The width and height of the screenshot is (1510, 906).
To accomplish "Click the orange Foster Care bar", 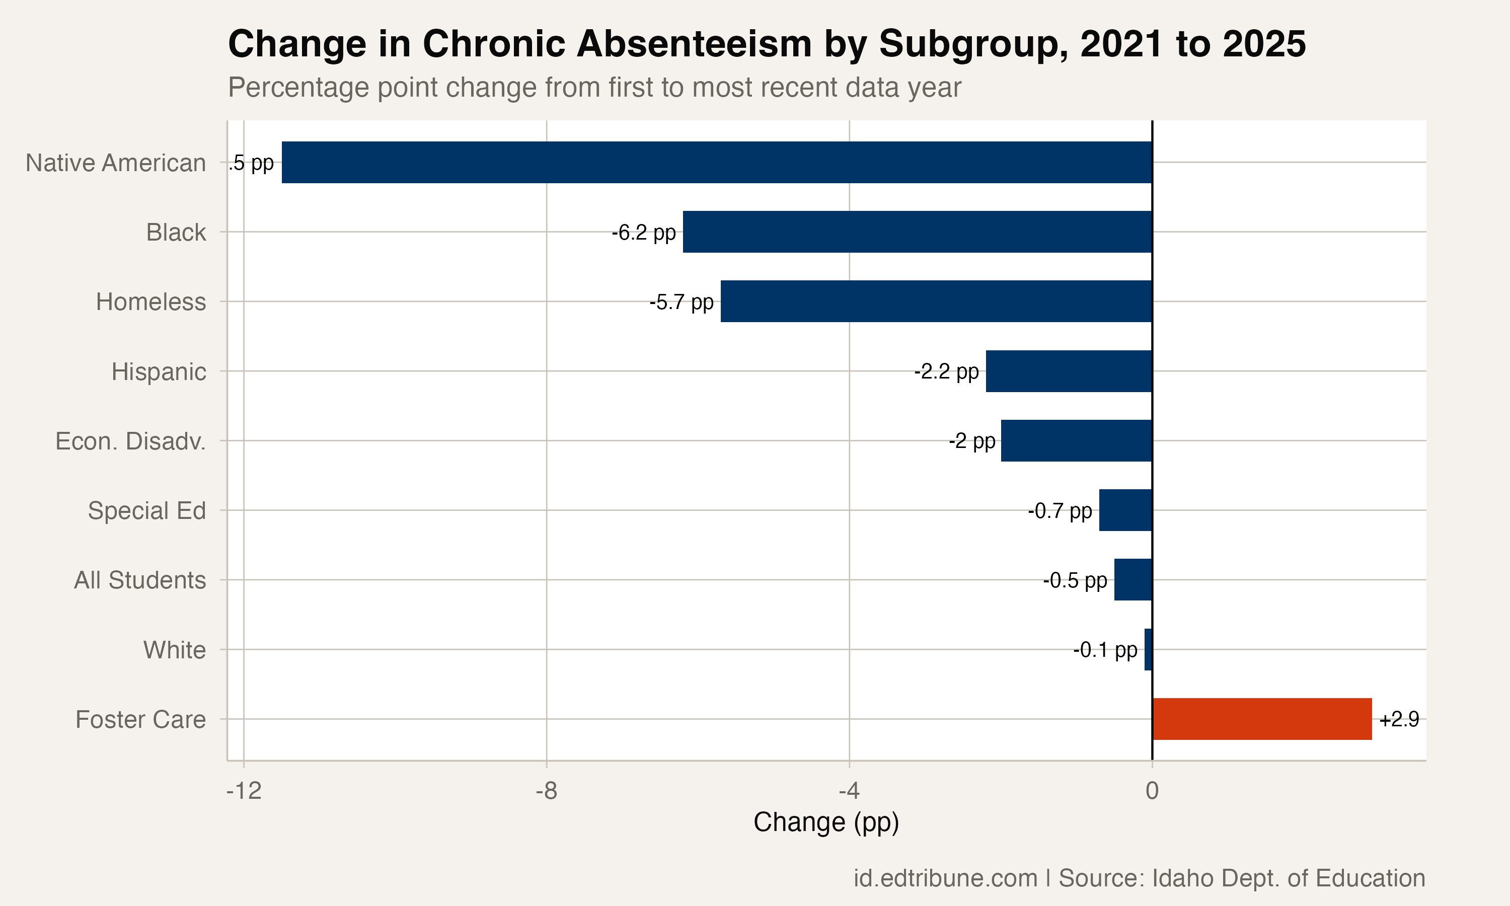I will tap(1261, 719).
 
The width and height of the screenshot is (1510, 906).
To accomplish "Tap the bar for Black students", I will tap(917, 232).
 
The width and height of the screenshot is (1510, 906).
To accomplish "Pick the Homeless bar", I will tap(936, 301).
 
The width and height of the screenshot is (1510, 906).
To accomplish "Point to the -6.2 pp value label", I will tap(643, 233).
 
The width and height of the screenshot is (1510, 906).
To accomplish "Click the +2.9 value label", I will tap(1399, 720).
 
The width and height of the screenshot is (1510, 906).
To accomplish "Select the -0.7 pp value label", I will tap(1060, 511).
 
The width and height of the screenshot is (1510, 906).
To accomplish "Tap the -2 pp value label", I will tap(971, 441).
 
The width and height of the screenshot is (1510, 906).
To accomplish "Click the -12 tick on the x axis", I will tap(244, 791).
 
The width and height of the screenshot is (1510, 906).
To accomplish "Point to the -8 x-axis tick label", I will tap(546, 791).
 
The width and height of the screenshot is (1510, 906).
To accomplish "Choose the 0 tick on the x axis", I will tap(1152, 791).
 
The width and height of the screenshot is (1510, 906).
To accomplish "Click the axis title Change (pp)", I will tap(826, 822).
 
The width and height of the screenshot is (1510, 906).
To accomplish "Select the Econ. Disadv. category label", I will tap(130, 441).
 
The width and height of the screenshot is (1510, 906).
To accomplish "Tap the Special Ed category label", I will tap(146, 510).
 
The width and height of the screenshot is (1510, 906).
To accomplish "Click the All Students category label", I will tap(140, 580).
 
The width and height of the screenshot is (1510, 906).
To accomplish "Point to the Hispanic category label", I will tap(159, 371).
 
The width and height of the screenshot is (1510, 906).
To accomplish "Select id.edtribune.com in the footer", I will tap(945, 878).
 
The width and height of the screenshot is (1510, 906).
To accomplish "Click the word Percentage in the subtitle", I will tap(298, 87).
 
